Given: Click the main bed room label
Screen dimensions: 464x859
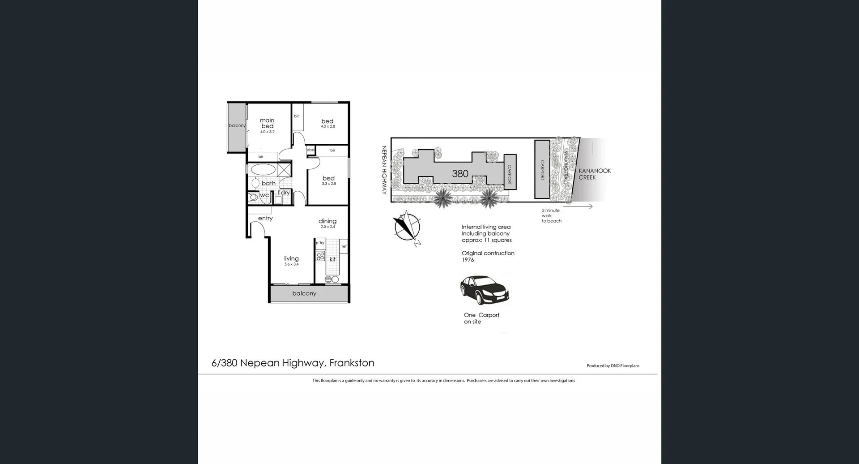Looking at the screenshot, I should pyautogui.click(x=267, y=123).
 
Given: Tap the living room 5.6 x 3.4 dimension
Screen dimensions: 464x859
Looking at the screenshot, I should pyautogui.click(x=291, y=264).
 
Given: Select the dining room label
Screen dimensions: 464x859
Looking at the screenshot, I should pyautogui.click(x=327, y=221).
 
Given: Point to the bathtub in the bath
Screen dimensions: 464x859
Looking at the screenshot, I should pyautogui.click(x=263, y=169).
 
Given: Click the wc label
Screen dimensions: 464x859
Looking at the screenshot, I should pyautogui.click(x=264, y=195).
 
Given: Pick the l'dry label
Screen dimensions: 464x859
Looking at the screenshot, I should pyautogui.click(x=284, y=193).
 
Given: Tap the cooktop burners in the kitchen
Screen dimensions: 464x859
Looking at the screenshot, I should pyautogui.click(x=320, y=256).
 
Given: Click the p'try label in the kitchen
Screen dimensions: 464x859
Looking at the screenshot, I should pyautogui.click(x=320, y=243).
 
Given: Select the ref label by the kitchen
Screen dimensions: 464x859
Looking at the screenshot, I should pyautogui.click(x=344, y=246).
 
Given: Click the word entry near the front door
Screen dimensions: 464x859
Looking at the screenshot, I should pyautogui.click(x=265, y=218).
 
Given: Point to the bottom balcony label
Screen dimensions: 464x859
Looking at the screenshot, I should pyautogui.click(x=304, y=293).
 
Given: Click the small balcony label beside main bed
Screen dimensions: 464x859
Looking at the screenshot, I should pyautogui.click(x=237, y=125).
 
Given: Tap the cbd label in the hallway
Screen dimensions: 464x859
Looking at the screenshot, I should pyautogui.click(x=310, y=150).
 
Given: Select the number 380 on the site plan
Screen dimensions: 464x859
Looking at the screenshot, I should pyautogui.click(x=460, y=174).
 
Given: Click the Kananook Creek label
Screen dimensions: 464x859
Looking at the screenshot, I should pyautogui.click(x=595, y=174).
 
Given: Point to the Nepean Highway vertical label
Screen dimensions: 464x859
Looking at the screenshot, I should pyautogui.click(x=384, y=170).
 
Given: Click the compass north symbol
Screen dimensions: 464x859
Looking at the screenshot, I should pyautogui.click(x=408, y=227).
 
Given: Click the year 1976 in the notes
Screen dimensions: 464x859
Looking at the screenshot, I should pyautogui.click(x=468, y=260).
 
